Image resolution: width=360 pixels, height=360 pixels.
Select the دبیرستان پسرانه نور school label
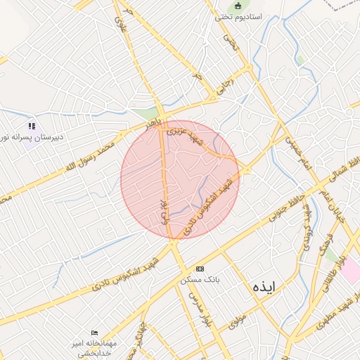tap(32, 137)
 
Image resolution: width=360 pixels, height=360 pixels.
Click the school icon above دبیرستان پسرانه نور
tap(32, 126)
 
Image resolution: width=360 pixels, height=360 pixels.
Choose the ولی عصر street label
tap(164, 210)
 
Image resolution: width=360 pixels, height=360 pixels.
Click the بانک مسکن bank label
tap(200, 279)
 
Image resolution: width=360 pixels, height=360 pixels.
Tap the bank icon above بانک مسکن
tap(200, 269)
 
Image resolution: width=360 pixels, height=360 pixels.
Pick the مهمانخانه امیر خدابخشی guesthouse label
tap(94, 347)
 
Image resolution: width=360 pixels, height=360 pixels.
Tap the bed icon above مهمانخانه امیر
tap(95, 333)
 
